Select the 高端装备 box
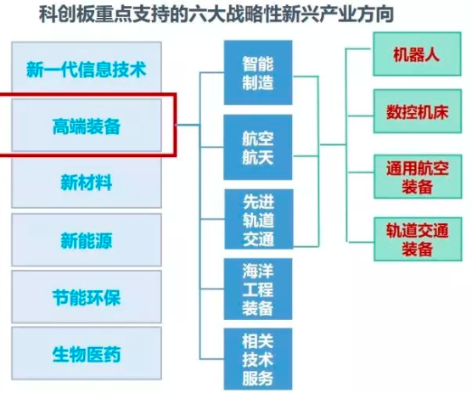click(87, 125)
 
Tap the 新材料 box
click(87, 182)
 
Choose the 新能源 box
click(87, 240)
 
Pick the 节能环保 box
click(87, 297)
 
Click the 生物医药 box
click(87, 353)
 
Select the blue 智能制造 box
click(258, 73)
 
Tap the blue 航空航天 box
click(258, 147)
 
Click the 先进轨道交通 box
click(259, 219)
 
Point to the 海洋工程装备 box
click(258, 289)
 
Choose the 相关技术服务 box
click(258, 359)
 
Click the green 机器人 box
click(417, 54)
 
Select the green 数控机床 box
click(418, 111)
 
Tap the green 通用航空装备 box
click(418, 177)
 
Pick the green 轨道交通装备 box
click(418, 239)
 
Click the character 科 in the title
click(47, 14)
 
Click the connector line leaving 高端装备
click(188, 124)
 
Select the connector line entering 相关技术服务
click(212, 359)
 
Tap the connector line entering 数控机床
click(361, 115)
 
